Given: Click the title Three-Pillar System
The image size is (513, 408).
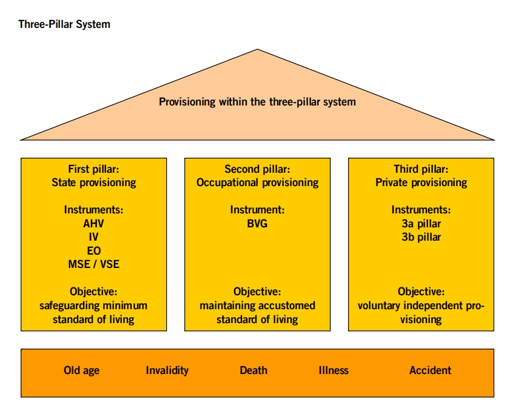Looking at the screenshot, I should tap(64, 25).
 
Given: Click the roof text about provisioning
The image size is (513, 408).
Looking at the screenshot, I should tap(257, 102).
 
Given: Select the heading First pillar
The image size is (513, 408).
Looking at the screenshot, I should tap(93, 169).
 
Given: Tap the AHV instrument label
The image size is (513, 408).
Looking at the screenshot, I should tap(94, 223).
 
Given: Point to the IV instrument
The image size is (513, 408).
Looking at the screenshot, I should tap(94, 236).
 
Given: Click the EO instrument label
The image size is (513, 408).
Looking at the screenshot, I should tap(94, 250).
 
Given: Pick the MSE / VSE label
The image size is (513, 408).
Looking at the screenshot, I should tap(94, 264).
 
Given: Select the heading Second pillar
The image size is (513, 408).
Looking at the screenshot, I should tap(257, 169).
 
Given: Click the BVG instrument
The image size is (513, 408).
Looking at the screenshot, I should tap(257, 223).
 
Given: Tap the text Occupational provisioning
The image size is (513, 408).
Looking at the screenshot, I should tap(257, 182).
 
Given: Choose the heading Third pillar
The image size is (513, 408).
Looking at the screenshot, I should tap(421, 169).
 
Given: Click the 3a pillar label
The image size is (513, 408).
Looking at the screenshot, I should tap(421, 223).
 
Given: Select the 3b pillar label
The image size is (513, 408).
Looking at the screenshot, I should tap(421, 236).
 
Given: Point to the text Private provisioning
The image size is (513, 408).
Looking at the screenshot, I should tap(421, 182).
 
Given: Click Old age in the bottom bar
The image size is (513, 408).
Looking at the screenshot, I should tap(81, 370).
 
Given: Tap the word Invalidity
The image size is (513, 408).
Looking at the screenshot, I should tap(167, 370).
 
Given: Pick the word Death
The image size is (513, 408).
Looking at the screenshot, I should tap(253, 370).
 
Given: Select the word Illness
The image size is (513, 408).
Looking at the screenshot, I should tap(334, 370).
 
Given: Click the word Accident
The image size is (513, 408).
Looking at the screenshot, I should tap(431, 370).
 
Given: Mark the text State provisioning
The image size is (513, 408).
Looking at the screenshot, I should tap(94, 182).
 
